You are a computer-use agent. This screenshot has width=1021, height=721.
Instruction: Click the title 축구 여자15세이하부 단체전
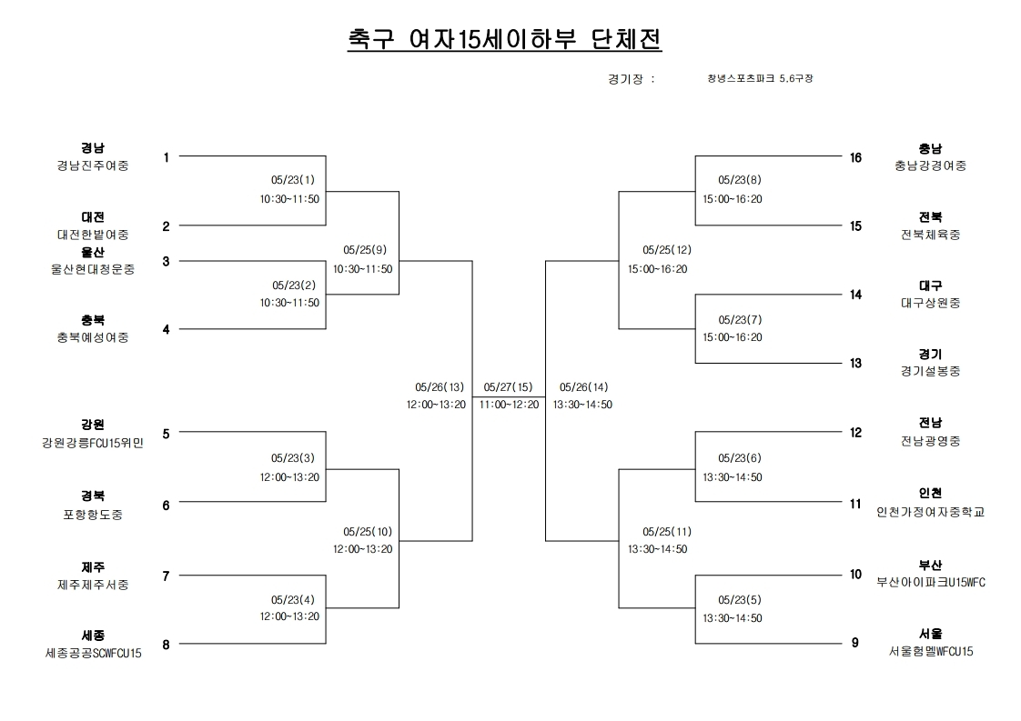(505, 39)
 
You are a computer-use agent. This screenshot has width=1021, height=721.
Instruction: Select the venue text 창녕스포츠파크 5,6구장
(760, 78)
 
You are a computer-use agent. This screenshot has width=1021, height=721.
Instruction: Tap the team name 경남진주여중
(93, 165)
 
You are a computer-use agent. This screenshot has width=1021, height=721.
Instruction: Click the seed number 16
(855, 157)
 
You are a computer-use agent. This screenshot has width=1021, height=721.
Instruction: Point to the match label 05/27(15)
(508, 387)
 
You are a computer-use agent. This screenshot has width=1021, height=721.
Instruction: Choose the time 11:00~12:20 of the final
(510, 405)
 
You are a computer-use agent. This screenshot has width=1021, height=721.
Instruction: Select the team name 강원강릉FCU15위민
(93, 443)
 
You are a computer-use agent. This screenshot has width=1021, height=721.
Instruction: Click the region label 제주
(93, 567)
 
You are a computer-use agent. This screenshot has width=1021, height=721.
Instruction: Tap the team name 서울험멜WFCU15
(931, 651)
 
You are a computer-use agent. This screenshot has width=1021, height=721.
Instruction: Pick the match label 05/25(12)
(667, 250)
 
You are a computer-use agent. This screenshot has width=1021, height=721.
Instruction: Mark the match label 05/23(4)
(293, 600)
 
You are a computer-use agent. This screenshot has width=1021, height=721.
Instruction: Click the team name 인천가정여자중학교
(931, 512)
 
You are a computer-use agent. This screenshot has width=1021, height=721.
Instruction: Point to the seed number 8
(166, 645)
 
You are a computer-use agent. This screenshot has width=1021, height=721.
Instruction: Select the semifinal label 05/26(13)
(440, 387)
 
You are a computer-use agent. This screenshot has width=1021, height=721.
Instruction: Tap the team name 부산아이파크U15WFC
(931, 583)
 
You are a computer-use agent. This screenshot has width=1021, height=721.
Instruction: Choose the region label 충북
(93, 320)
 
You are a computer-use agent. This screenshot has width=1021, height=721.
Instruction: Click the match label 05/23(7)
(740, 320)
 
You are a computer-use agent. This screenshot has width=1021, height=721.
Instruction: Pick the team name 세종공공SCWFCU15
(93, 654)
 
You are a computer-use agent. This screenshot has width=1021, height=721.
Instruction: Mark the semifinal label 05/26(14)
(583, 387)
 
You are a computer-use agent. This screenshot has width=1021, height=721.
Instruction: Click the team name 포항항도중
(93, 515)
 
